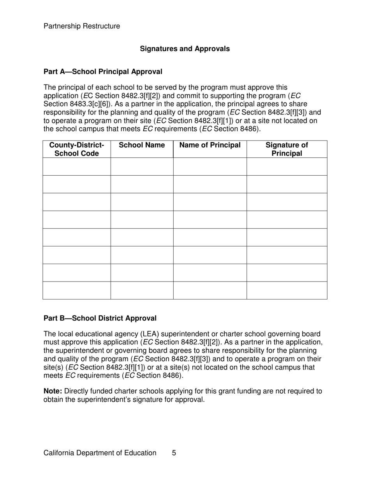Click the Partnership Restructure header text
pos(82,26)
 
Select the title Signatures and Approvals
pos(185,49)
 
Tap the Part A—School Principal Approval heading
pos(103,72)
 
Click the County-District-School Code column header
pos(76,149)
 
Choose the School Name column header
pos(142,145)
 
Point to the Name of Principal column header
pos(210,145)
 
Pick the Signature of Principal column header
pos(287,149)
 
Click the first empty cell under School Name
pos(142,167)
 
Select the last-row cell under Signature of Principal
pos(287,291)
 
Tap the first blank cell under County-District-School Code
pos(76,167)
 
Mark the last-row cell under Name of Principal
pos(210,291)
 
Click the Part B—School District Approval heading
pos(100,318)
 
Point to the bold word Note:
pos(53,391)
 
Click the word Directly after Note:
pos(77,391)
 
